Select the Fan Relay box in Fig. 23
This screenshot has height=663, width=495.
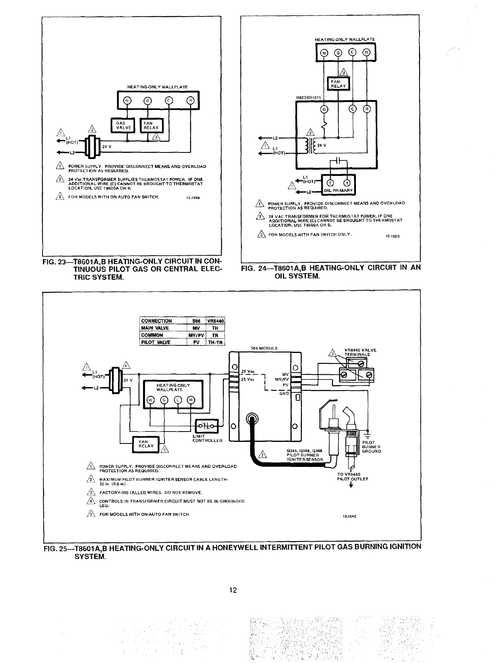151,125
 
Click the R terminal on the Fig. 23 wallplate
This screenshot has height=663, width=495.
190,100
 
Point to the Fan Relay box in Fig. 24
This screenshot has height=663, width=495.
338,83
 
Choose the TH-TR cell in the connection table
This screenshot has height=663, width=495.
217,343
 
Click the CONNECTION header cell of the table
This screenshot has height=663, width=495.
157,321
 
